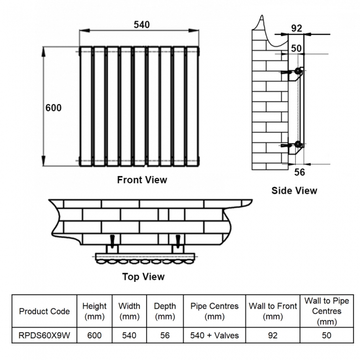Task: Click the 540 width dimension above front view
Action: click(142, 25)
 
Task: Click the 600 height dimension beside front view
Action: click(53, 108)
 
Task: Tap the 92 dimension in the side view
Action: click(296, 28)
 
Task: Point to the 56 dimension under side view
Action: click(299, 172)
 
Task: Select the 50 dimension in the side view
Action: click(296, 48)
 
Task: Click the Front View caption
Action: click(142, 179)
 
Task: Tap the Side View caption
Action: click(294, 191)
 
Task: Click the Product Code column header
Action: click(44, 311)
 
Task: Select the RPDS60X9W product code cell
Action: click(44, 336)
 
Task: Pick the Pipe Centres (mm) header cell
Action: click(214, 311)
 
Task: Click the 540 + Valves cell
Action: click(214, 336)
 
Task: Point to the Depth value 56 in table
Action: click(164, 336)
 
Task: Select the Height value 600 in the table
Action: click(94, 336)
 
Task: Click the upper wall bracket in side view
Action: click(292, 71)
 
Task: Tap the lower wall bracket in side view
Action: click(292, 146)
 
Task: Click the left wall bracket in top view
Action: click(112, 241)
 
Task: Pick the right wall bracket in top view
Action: click(177, 241)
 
